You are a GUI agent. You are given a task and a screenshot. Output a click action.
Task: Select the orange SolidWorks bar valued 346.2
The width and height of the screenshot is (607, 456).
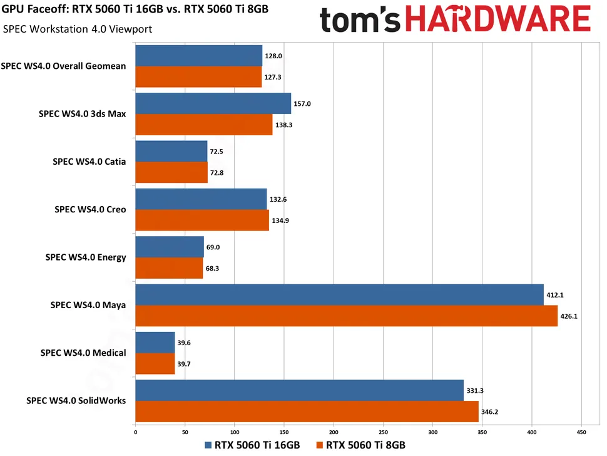[307, 412]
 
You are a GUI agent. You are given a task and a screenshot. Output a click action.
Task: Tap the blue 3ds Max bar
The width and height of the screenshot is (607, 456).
[213, 103]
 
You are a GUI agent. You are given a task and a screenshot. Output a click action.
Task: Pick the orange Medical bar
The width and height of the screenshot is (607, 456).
[155, 364]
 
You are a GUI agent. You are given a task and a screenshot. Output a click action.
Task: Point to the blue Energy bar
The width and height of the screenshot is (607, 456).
[169, 247]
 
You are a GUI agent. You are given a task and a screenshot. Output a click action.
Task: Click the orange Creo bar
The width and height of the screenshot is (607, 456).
[201, 220]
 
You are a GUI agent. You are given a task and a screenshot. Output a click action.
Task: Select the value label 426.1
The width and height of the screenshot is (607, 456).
[569, 316]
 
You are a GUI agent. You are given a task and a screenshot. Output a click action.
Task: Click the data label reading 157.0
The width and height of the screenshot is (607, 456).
[302, 103]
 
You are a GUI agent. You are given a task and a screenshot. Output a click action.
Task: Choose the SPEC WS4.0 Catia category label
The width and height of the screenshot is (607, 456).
[89, 162]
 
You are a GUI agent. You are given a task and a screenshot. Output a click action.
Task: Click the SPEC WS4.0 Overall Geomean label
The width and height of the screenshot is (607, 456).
[64, 66]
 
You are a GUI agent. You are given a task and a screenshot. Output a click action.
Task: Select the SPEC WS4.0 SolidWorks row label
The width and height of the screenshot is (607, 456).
[76, 400]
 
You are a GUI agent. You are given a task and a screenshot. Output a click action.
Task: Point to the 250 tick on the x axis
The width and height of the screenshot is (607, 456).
[383, 432]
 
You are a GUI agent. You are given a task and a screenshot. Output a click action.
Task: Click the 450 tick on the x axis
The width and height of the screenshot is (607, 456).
[581, 432]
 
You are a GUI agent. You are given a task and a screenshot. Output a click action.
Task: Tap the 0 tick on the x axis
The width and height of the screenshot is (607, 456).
[135, 432]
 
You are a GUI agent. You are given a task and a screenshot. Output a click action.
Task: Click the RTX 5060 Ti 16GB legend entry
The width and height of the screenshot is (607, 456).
[253, 445]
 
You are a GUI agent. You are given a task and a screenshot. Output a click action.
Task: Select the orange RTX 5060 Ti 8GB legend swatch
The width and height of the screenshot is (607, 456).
[321, 445]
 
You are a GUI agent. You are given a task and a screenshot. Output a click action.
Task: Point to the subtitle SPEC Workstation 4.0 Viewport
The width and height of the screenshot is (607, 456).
[78, 29]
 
